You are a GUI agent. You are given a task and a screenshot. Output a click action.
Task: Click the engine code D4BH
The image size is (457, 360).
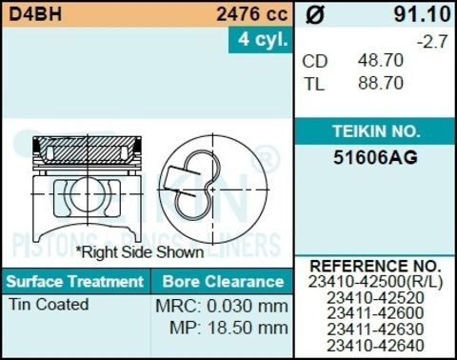[32, 14]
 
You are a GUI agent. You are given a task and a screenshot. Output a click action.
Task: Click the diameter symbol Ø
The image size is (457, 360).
[316, 15]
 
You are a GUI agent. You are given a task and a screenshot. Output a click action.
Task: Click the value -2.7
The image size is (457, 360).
[433, 41]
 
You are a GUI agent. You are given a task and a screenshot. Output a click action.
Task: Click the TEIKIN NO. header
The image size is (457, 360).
[375, 131]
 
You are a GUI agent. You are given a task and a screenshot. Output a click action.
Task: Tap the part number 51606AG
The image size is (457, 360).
[375, 158]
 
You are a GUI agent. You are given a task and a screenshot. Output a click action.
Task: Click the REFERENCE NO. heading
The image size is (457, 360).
[375, 266]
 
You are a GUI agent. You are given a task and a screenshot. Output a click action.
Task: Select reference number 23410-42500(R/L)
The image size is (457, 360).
[375, 282]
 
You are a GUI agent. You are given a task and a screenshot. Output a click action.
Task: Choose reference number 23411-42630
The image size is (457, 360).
[375, 329]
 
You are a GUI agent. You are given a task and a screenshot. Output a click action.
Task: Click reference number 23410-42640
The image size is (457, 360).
[375, 345]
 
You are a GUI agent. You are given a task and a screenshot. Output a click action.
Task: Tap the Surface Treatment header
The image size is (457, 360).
[74, 282]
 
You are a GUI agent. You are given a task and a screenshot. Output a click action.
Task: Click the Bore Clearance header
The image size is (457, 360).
[222, 282]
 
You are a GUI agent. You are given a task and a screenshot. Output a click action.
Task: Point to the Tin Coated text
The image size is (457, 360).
[49, 305]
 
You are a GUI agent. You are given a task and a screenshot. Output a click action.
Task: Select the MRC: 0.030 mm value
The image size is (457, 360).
[221, 307]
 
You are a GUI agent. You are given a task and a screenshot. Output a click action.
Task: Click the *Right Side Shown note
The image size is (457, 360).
[140, 252]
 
